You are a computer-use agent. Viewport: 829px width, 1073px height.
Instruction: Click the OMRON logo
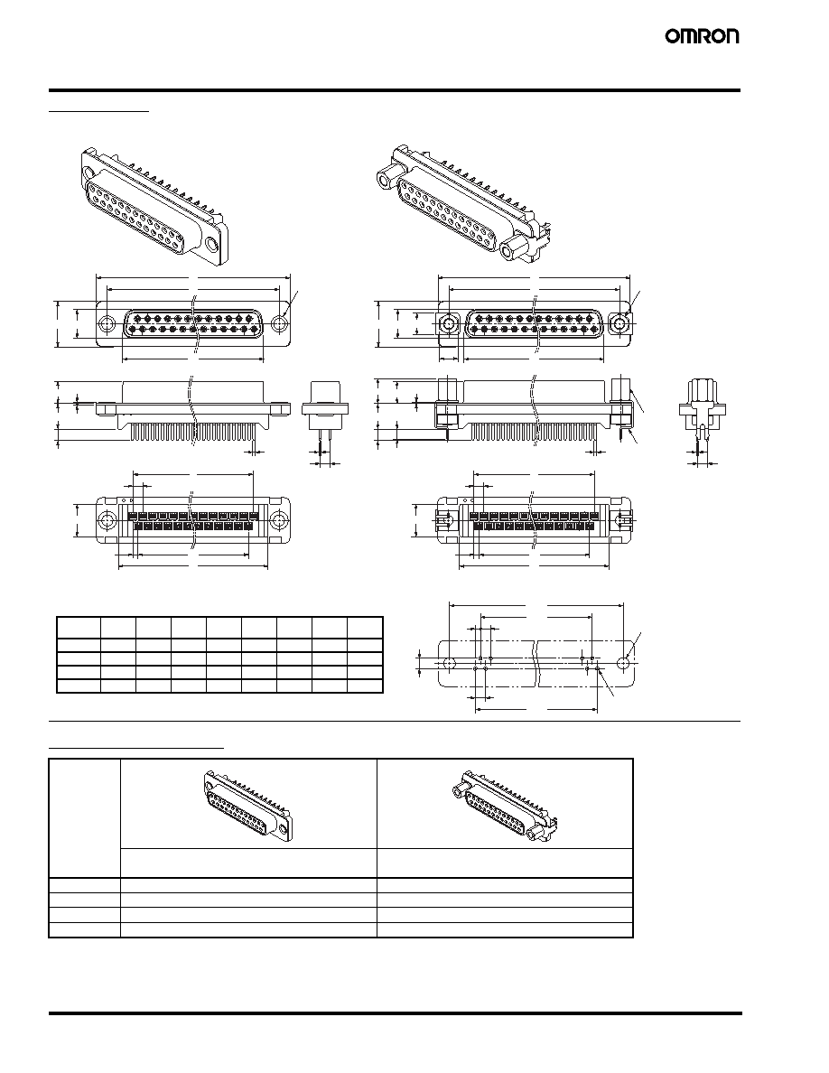[703, 36]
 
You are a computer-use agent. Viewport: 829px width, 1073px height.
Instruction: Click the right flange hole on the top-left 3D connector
[213, 244]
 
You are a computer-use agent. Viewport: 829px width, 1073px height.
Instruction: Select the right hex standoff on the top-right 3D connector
[515, 250]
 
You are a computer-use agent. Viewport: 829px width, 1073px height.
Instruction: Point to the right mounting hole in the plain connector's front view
[279, 323]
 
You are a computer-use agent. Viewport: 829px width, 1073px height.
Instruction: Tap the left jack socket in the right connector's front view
[448, 323]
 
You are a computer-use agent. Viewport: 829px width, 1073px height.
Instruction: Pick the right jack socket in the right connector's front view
[619, 323]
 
